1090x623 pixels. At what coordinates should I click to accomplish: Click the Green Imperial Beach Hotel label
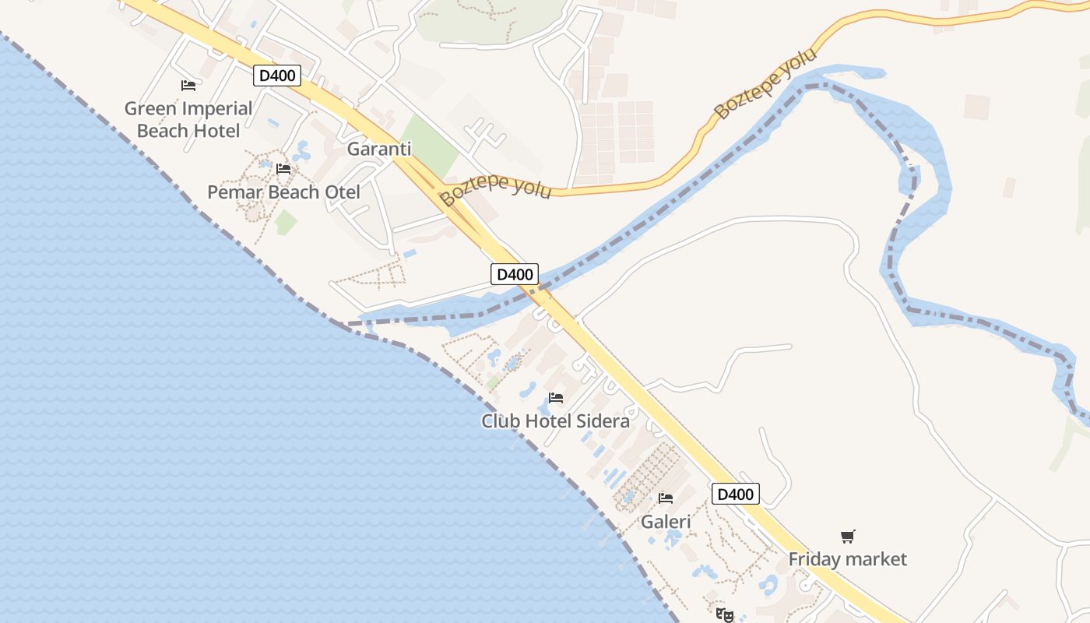[188, 119]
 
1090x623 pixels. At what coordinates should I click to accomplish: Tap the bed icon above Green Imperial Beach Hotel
[188, 86]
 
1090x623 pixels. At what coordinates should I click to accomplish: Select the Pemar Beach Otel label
[283, 192]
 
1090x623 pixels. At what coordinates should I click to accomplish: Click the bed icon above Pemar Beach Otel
[283, 168]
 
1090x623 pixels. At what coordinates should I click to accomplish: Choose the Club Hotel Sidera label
[555, 421]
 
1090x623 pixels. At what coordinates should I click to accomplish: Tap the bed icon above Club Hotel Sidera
[556, 397]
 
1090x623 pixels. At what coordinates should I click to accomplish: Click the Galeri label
[666, 522]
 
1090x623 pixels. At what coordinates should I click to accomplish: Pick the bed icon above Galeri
[666, 498]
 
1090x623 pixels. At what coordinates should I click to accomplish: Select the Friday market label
[848, 559]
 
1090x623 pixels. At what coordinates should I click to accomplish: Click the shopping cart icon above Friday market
[848, 536]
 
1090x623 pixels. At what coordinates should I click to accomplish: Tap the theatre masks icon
[724, 615]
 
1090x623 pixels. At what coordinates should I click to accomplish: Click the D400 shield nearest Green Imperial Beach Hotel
[277, 76]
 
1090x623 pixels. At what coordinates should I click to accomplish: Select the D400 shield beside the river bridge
[515, 274]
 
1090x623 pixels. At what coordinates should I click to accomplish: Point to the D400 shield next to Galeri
[735, 494]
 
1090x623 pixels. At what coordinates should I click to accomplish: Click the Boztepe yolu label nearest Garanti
[495, 190]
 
